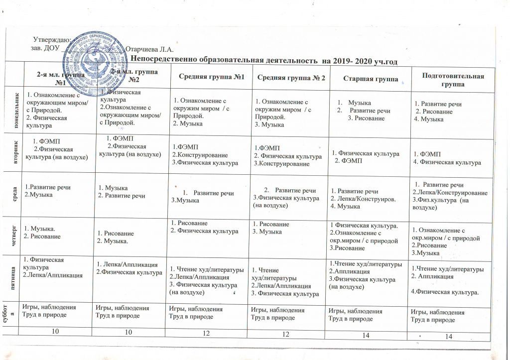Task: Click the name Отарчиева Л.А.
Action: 149,49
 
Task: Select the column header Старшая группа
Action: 370,80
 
